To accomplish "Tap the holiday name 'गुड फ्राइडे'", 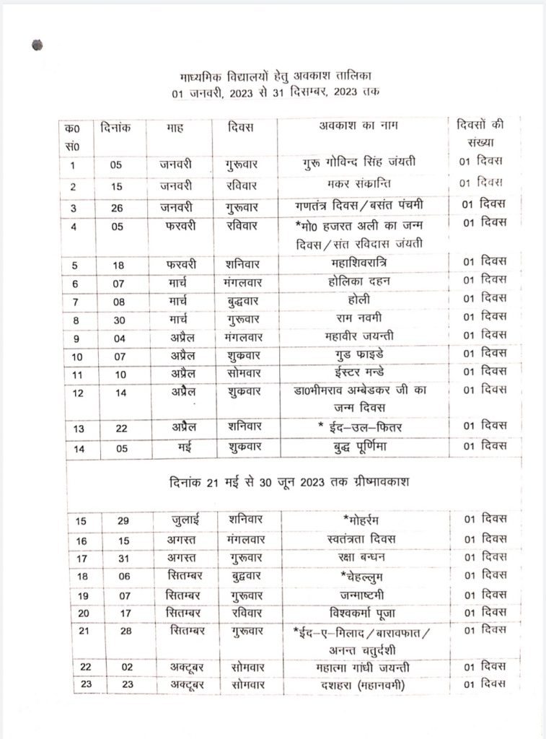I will [358, 354].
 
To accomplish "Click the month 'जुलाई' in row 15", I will [177, 520].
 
